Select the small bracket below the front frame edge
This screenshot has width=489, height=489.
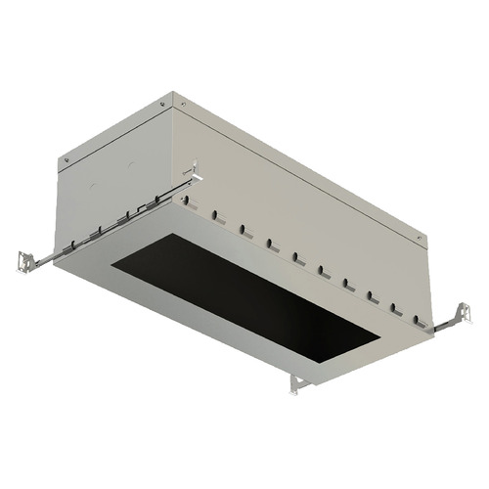(x=298, y=384)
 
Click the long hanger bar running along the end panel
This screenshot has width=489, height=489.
(x=108, y=222)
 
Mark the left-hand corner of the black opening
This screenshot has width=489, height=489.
(x=110, y=267)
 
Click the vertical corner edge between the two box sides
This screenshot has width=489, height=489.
(x=176, y=147)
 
